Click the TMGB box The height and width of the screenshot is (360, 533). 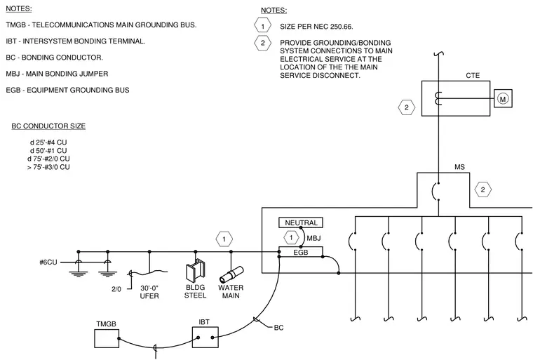[107, 338]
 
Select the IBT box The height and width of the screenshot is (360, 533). [205, 338]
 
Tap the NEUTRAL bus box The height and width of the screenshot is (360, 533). [301, 223]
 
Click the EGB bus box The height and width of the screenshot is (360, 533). [301, 252]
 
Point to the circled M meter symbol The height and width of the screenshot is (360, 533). [503, 99]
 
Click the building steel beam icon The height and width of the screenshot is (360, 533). [196, 269]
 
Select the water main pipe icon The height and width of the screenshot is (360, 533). [231, 274]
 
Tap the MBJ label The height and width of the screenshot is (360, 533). [313, 238]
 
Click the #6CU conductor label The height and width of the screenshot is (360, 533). [48, 262]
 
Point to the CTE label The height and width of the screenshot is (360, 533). [473, 76]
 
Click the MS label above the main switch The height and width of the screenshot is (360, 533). [459, 167]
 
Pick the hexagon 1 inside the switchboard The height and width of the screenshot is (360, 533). [291, 237]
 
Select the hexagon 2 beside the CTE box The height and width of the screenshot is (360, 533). [407, 107]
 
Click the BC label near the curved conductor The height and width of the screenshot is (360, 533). [278, 328]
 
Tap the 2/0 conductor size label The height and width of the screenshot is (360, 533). [116, 289]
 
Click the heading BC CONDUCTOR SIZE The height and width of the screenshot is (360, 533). [48, 126]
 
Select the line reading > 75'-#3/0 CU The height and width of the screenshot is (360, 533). [48, 167]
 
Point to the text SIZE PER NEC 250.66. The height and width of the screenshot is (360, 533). [316, 27]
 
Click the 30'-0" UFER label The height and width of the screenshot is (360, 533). [149, 292]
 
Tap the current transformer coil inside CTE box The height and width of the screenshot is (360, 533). [438, 99]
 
